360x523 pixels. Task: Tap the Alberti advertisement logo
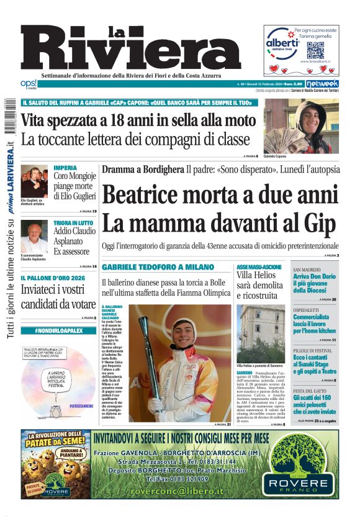(x=282, y=43)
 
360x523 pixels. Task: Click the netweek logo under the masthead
(x=323, y=83)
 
